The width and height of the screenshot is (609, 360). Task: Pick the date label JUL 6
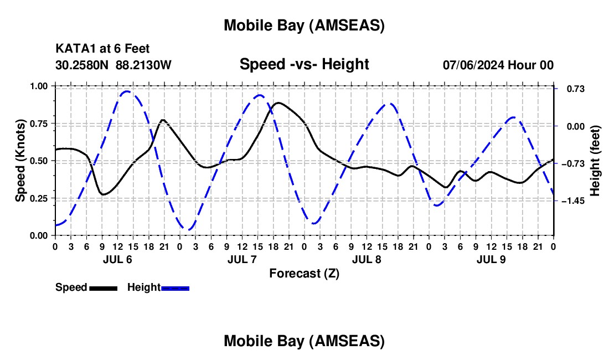[x=117, y=259]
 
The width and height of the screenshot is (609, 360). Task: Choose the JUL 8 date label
[x=367, y=259]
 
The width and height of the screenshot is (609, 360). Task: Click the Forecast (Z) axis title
[x=304, y=273]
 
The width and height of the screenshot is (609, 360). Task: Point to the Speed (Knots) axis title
[x=20, y=161]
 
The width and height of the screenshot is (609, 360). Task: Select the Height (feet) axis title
[x=595, y=161]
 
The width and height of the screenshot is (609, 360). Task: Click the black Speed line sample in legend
[x=103, y=287]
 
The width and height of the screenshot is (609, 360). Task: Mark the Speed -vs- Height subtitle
[x=304, y=64]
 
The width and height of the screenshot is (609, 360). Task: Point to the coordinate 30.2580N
[x=82, y=65]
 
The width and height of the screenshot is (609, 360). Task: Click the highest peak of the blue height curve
[x=127, y=91]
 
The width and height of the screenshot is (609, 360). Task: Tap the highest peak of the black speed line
[x=278, y=102]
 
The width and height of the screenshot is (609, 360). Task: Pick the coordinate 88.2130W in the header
[x=143, y=65]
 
